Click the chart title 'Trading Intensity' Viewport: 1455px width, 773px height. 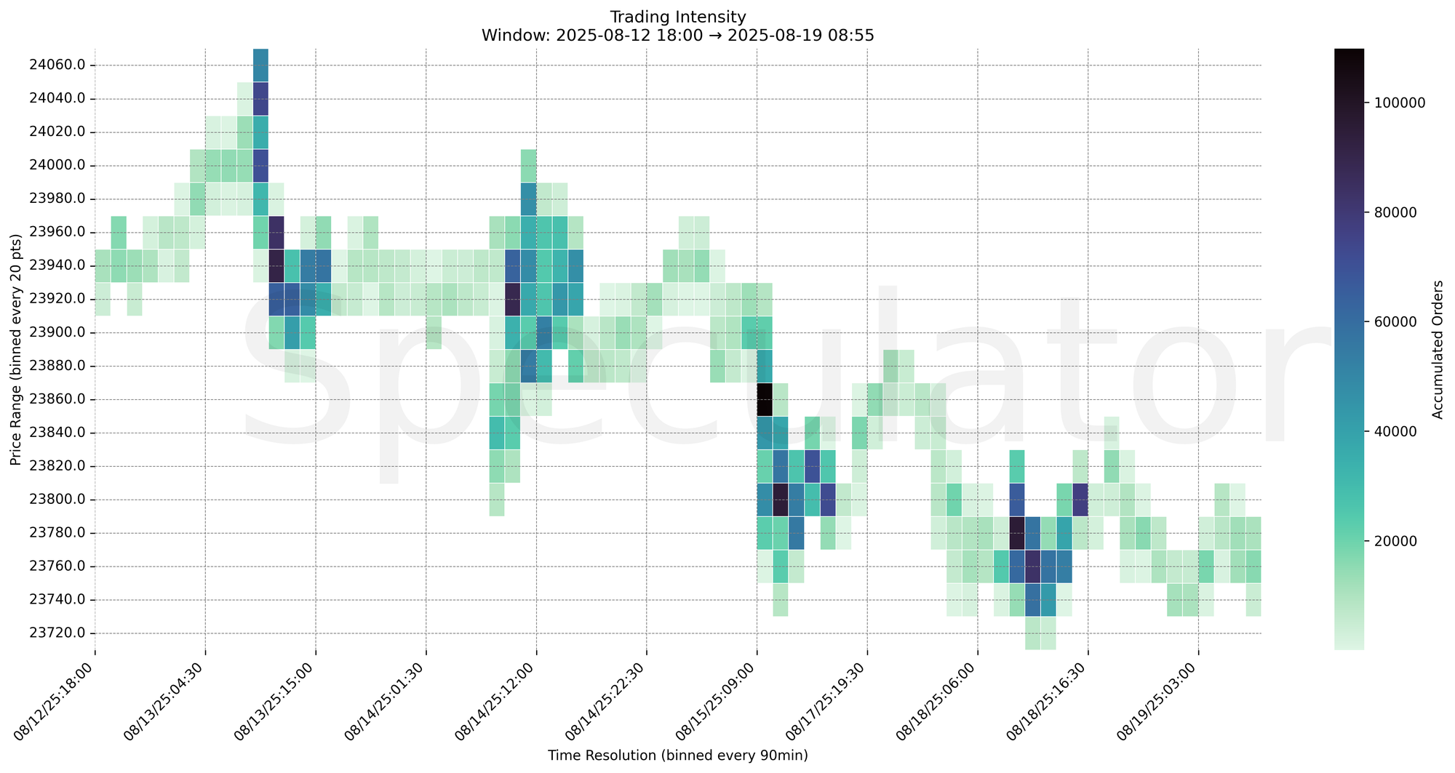click(677, 17)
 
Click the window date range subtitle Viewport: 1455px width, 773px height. click(677, 35)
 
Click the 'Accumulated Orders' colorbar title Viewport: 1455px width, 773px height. click(1437, 349)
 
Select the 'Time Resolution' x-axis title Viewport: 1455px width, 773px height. click(677, 756)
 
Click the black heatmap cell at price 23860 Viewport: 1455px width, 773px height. click(764, 399)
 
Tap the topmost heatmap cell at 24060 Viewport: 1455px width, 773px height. click(260, 65)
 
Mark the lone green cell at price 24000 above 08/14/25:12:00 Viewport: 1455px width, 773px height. click(529, 165)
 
